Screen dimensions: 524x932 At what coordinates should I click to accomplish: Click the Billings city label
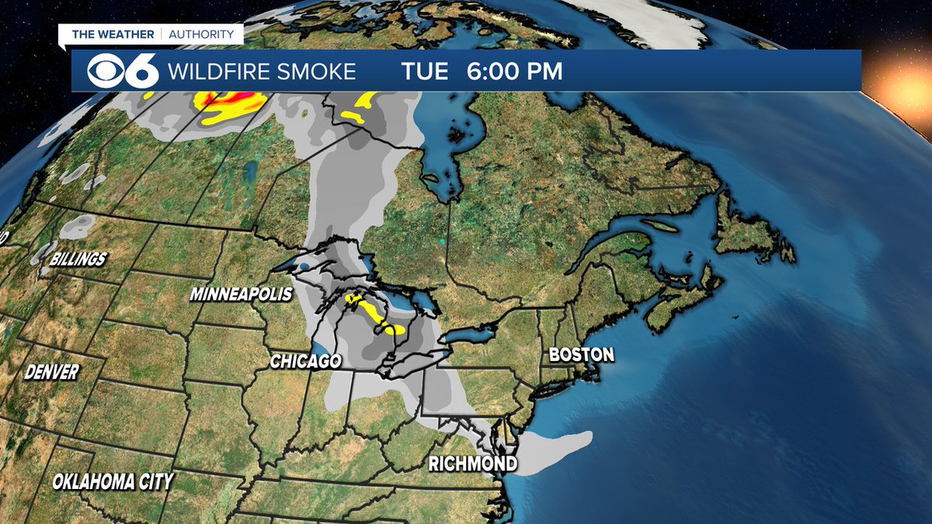78,259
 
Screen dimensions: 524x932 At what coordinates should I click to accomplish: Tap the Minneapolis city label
241,295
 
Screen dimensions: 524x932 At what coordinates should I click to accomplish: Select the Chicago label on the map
305,362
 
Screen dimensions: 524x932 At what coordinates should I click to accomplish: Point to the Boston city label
581,355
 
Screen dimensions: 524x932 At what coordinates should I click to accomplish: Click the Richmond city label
474,464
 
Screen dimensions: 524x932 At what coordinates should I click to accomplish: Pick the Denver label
51,372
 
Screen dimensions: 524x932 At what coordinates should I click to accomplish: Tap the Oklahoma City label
113,481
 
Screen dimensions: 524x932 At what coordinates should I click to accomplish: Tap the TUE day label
425,72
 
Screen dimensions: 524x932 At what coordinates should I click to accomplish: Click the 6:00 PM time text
514,72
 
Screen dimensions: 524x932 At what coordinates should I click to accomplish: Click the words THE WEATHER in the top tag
114,34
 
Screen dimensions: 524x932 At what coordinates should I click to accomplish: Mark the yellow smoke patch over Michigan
378,312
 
